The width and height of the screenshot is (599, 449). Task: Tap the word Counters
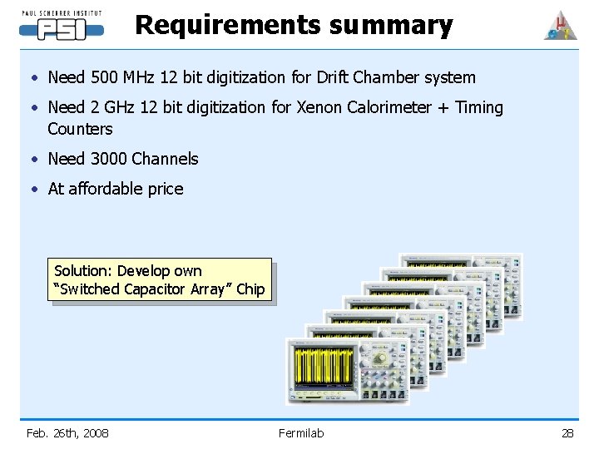(x=80, y=129)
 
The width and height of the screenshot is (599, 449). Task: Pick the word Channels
(x=165, y=159)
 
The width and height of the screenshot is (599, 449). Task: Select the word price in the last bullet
(x=165, y=189)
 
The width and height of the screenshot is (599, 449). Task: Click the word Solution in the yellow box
(x=82, y=271)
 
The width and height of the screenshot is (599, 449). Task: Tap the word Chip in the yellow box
(x=250, y=289)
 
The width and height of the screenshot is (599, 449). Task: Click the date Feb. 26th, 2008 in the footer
(x=67, y=432)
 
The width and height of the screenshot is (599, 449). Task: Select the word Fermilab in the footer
(x=301, y=432)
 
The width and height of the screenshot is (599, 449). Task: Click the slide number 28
(x=567, y=432)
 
